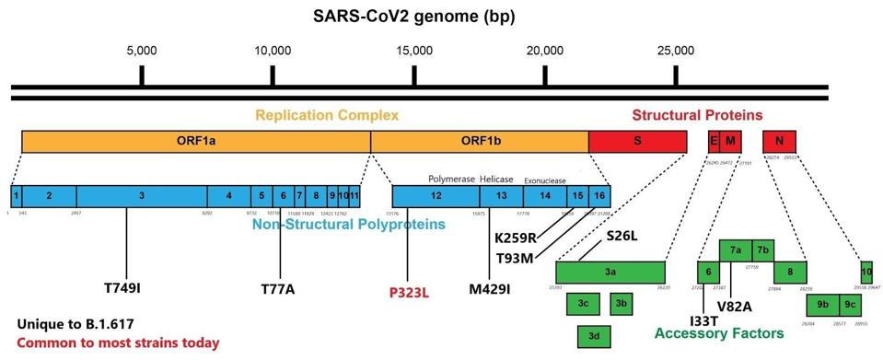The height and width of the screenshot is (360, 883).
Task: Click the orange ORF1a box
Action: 195,141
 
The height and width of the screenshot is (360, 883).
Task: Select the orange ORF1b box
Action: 480,141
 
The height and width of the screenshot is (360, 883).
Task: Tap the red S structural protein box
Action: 637,141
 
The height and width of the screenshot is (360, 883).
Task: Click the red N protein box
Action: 779,141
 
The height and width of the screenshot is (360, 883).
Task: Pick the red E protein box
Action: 713,141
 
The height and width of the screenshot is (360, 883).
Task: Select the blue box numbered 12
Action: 437,195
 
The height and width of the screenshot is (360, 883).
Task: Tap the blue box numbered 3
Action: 142,195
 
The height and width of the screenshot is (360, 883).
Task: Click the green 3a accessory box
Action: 610,272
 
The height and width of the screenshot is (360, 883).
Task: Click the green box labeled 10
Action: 866,272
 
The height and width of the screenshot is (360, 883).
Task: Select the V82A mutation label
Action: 735,306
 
